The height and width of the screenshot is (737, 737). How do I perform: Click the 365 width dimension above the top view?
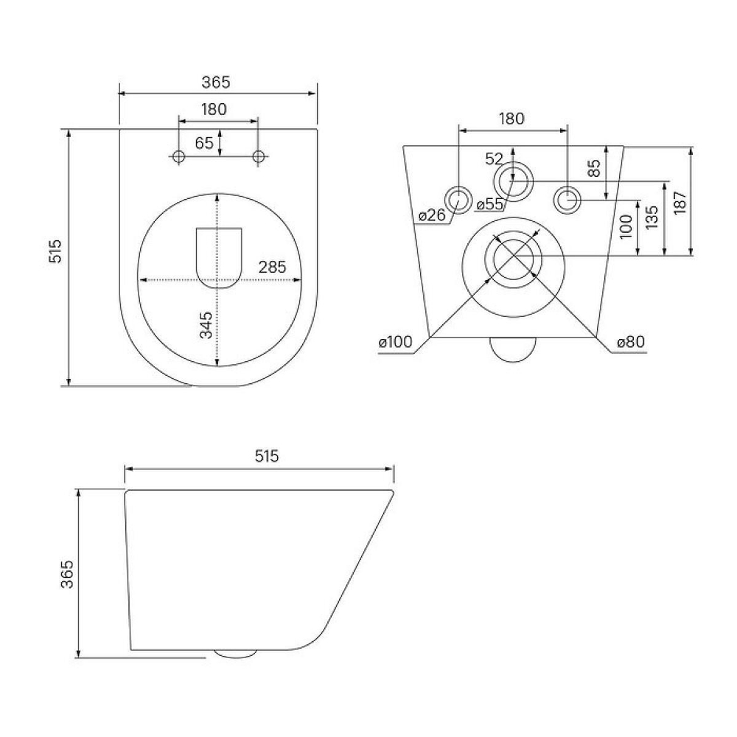tap(217, 83)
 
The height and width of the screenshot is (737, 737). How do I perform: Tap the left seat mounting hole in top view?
tap(178, 156)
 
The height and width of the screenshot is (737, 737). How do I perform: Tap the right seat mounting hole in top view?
tap(259, 156)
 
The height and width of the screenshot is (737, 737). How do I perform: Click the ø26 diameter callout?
tap(431, 215)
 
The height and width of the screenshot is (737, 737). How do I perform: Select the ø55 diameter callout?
tap(489, 204)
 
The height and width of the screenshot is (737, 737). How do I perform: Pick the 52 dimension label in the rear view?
tap(495, 158)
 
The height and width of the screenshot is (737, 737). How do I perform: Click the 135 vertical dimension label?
tap(652, 218)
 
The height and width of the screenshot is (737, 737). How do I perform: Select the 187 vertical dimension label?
tap(680, 201)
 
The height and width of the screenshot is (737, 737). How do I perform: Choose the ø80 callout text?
tap(631, 343)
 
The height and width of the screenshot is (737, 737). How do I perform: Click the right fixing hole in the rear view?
tap(567, 199)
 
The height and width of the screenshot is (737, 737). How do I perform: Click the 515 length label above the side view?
tap(266, 456)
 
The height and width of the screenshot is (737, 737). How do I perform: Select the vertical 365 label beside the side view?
tap(67, 573)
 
